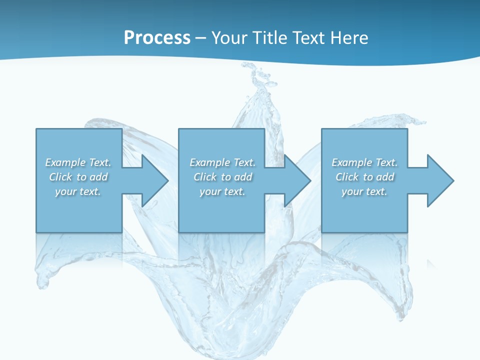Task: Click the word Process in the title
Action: pyautogui.click(x=157, y=38)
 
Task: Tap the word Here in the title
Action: pyautogui.click(x=348, y=38)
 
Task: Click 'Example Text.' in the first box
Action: pyautogui.click(x=78, y=162)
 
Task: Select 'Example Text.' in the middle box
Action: pyautogui.click(x=222, y=162)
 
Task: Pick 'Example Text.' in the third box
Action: pyautogui.click(x=364, y=162)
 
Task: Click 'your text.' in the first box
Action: pyautogui.click(x=78, y=191)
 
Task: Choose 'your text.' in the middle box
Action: pyautogui.click(x=222, y=191)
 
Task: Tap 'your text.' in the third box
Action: pyautogui.click(x=364, y=191)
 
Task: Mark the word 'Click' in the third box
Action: pyautogui.click(x=347, y=177)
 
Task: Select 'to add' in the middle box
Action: pyautogui.click(x=236, y=177)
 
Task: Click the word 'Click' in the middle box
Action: pyautogui.click(x=205, y=177)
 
